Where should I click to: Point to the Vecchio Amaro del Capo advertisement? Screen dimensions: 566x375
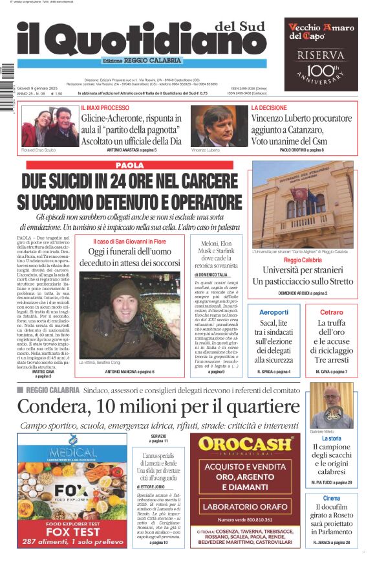coord(321,54)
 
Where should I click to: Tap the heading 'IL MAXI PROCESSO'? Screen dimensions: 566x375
coord(105,108)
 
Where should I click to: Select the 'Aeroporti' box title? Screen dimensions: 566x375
coord(273,312)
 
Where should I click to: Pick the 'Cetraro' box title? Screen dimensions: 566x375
coord(332,312)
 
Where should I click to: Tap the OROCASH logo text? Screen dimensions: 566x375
coord(245,444)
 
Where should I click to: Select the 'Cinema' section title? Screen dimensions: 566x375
coord(332,498)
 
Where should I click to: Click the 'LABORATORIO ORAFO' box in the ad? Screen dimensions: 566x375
coord(245,506)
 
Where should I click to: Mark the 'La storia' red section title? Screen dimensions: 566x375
coord(332,438)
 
